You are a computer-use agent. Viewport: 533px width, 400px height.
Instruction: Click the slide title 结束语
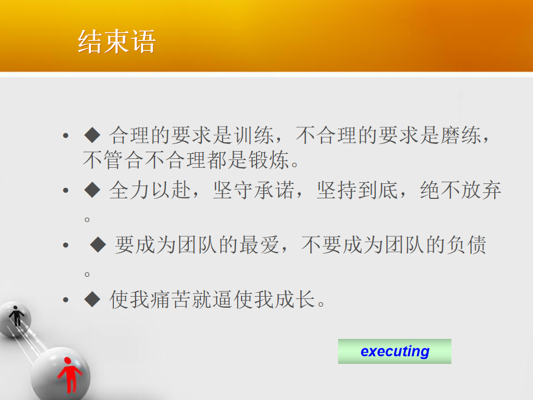point(117,42)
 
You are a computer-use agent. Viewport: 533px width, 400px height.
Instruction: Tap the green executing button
point(394,351)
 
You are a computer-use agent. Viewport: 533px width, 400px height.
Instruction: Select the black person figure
point(16,316)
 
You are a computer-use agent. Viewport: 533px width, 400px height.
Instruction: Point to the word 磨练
point(461,136)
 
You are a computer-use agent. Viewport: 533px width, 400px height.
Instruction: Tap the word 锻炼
point(269,160)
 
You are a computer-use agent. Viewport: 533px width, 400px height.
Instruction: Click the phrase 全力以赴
point(150,190)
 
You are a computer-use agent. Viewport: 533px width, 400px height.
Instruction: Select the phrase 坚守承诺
point(254,190)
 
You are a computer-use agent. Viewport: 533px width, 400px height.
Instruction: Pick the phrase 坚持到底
point(357,190)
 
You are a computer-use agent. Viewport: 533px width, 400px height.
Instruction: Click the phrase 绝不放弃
point(461,190)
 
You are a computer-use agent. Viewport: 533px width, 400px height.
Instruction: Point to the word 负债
point(466,245)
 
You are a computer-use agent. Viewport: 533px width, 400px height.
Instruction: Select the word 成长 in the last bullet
point(294,299)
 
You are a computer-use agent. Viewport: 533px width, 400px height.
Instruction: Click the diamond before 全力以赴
point(92,190)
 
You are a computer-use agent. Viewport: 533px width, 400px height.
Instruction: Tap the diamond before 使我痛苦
point(92,299)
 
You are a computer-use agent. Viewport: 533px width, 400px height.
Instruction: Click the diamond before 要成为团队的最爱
point(98,244)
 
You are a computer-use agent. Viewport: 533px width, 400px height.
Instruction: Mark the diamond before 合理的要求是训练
point(92,135)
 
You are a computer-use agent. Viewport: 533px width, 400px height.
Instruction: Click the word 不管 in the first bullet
point(103,160)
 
